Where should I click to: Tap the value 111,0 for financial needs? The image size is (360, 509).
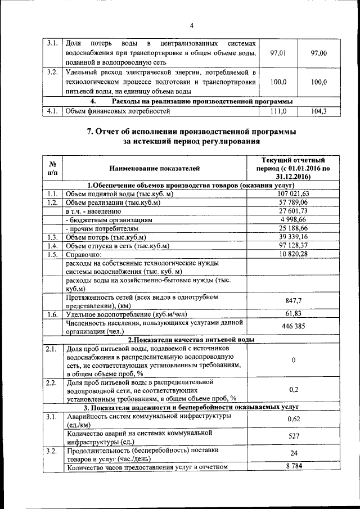pos(278,111)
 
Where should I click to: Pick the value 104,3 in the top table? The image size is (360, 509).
pos(318,111)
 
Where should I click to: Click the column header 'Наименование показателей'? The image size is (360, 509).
pos(155,168)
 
